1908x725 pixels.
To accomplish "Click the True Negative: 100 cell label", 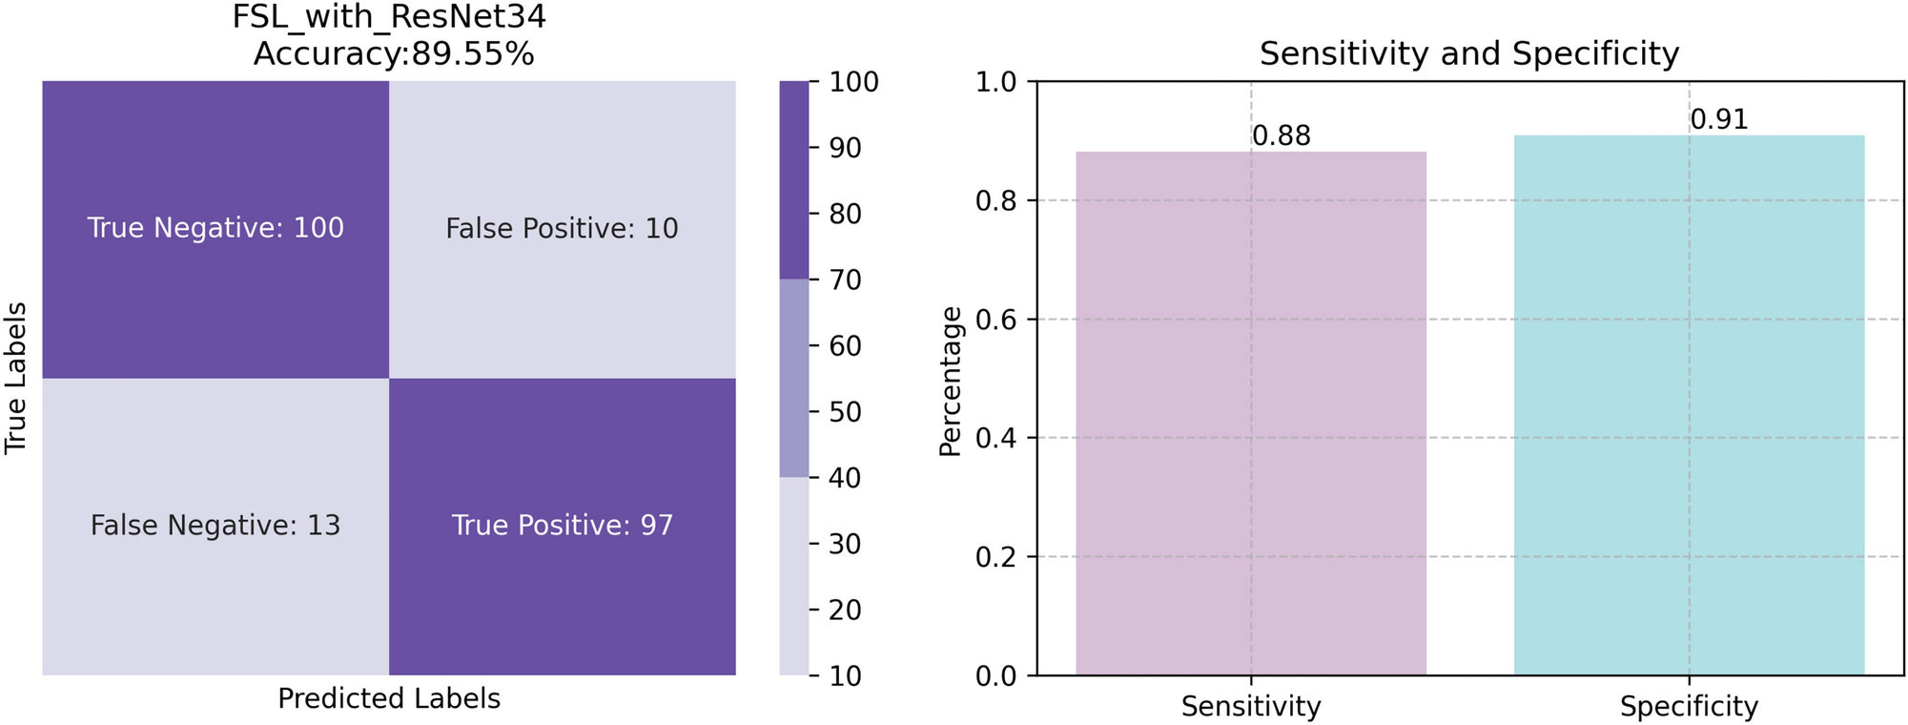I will coord(215,228).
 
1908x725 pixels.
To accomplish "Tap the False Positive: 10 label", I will coord(562,229).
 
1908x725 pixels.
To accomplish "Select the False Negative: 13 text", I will coord(215,526).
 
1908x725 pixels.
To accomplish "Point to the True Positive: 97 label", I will coord(562,526).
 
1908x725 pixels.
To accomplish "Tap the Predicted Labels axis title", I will coord(389,699).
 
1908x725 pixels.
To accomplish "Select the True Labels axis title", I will coord(15,379).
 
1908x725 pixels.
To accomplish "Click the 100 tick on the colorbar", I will coord(853,82).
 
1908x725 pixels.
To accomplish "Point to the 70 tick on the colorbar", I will coord(845,280).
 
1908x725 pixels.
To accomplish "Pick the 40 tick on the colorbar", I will coord(845,478).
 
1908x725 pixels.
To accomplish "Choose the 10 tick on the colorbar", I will coord(845,676).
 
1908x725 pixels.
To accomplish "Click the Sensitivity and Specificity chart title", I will coord(1468,53).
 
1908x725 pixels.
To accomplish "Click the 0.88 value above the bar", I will coord(1282,136).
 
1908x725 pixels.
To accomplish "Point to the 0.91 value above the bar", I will coord(1719,120).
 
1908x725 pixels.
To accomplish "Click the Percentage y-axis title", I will coord(952,382).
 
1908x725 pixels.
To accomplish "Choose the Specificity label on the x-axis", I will coord(1689,707).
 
